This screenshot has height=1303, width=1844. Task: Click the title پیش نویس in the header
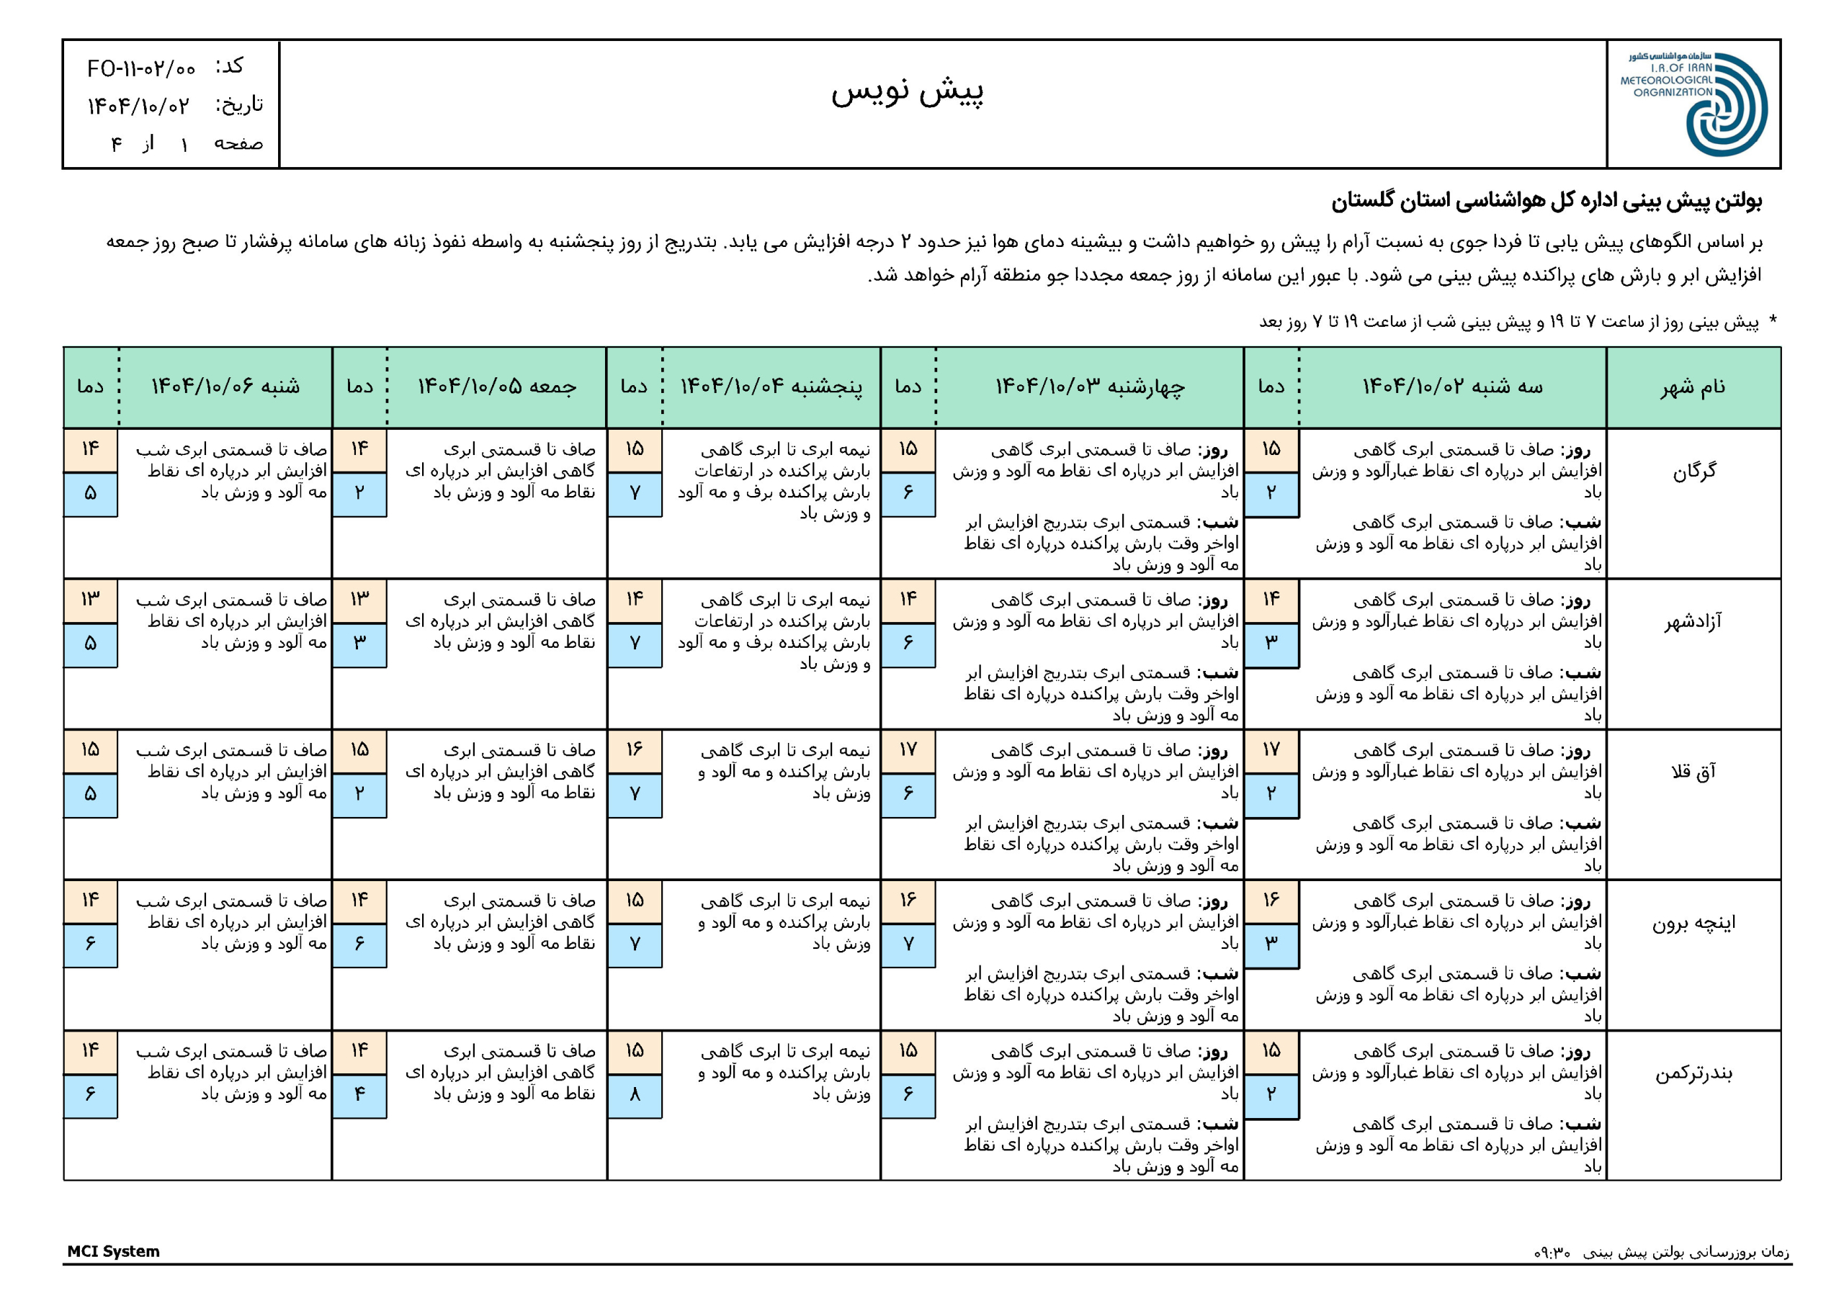907,91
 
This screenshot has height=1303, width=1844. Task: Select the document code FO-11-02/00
141,69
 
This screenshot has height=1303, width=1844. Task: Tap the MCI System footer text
113,1251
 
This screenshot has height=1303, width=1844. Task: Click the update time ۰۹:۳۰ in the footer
1552,1253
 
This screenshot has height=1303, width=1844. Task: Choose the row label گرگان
1693,471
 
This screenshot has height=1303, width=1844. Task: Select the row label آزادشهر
1693,621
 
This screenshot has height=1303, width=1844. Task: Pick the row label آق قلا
1693,772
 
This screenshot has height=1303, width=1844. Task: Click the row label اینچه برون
1693,922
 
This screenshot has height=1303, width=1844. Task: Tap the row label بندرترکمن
1693,1073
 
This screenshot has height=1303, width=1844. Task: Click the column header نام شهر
1693,387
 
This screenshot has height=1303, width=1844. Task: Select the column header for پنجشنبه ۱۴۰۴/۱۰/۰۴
771,387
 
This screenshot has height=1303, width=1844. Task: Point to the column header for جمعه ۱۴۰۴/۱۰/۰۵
496,387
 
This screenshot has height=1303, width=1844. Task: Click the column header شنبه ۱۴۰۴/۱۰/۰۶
225,387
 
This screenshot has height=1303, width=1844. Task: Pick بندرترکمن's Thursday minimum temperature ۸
635,1094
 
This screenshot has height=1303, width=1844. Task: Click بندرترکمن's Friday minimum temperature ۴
359,1094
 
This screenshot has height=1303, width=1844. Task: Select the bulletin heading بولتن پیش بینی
1546,201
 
